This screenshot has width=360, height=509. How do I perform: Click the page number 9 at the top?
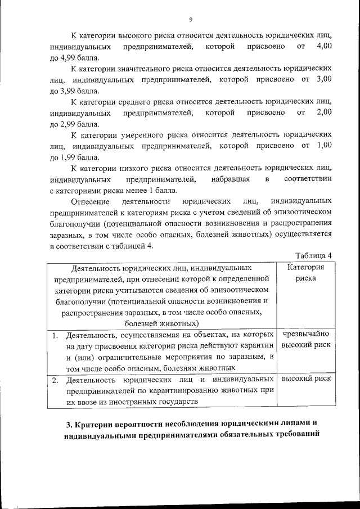coord(191,21)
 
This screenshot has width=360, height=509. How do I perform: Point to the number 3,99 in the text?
coord(73,91)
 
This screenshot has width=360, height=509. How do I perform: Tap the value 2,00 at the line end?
coord(325,112)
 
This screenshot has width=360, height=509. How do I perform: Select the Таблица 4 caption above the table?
coord(313,255)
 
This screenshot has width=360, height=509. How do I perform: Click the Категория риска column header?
coord(305,273)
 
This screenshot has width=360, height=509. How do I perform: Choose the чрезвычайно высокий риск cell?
coord(305,339)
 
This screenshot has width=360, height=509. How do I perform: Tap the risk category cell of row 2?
coord(305,379)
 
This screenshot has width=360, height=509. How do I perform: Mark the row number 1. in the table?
coord(55,335)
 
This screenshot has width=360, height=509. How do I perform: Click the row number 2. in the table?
coord(55,380)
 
